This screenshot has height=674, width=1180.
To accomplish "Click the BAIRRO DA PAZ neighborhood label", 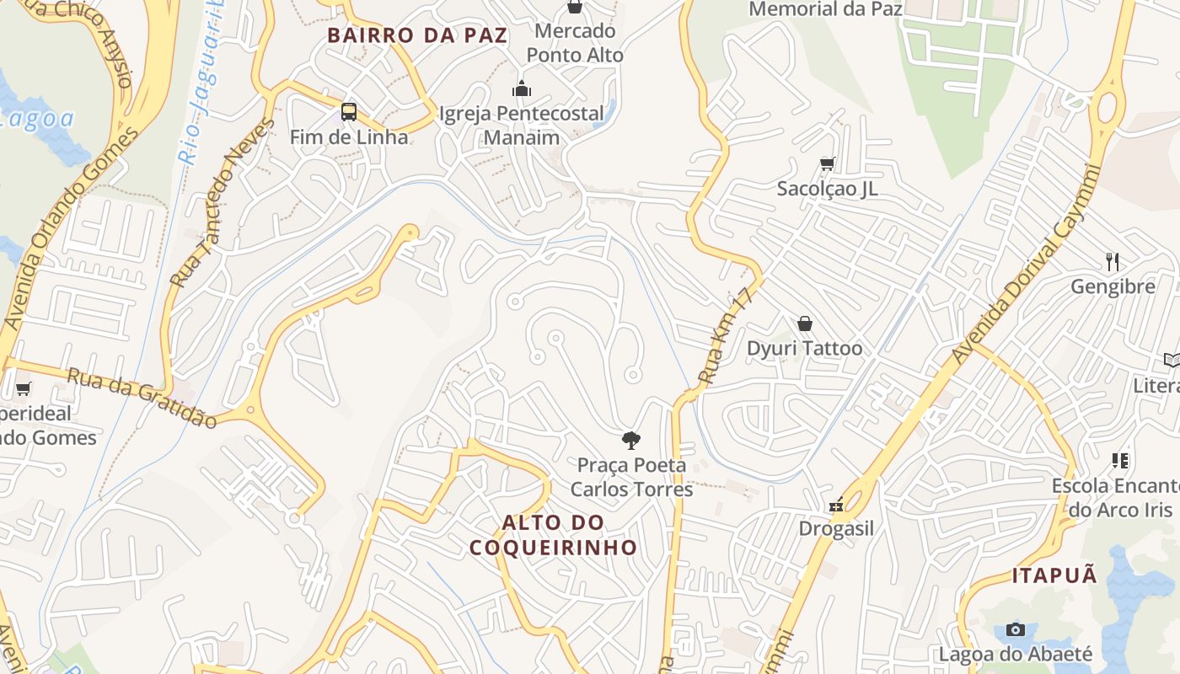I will point(417,35).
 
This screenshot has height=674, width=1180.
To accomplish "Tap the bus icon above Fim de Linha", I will point(348,111).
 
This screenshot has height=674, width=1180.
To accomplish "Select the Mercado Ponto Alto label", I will point(575,43).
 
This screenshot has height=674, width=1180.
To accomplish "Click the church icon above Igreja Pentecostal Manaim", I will point(522,88).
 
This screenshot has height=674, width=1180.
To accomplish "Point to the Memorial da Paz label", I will point(825,9).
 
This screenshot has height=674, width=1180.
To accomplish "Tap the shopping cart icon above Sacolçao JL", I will point(827,163).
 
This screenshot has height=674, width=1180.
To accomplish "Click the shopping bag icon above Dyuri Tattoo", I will point(805,324).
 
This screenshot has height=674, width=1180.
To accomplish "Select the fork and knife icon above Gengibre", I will point(1113,261).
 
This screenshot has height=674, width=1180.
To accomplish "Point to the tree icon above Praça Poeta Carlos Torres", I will point(630,440).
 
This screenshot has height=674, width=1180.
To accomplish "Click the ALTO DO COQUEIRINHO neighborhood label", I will point(553,535).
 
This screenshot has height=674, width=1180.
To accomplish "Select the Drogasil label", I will point(836,529).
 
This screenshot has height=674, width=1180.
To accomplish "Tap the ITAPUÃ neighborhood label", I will point(1054,576).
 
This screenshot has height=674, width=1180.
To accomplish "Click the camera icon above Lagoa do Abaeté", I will point(1016,630).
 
